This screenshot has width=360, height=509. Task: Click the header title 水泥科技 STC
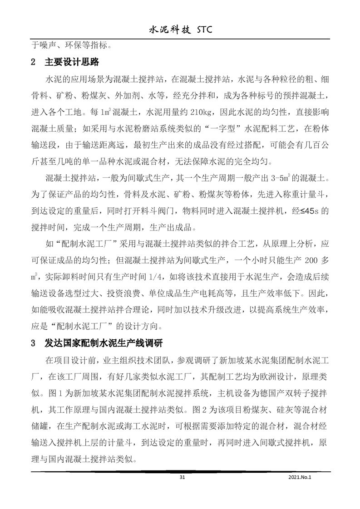(x=180, y=29)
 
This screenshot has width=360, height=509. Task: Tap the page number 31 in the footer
(x=182, y=477)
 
